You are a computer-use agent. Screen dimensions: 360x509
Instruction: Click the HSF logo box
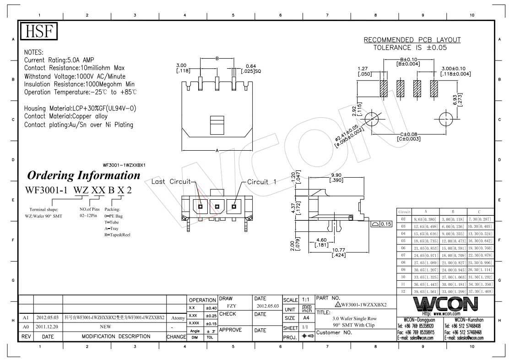(40, 32)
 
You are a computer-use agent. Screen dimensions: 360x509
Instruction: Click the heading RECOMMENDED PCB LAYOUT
(412, 40)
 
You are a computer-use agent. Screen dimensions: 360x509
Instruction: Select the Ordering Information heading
(84, 175)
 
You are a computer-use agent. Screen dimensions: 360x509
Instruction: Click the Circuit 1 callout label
(262, 182)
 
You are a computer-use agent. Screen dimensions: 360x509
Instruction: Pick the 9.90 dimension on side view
(336, 175)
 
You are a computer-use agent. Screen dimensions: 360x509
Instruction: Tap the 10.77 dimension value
(339, 249)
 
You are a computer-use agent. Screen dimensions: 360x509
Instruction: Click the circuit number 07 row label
(403, 255)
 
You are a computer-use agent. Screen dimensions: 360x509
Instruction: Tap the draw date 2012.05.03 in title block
(267, 305)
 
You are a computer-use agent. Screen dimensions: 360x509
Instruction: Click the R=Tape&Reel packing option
(117, 235)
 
